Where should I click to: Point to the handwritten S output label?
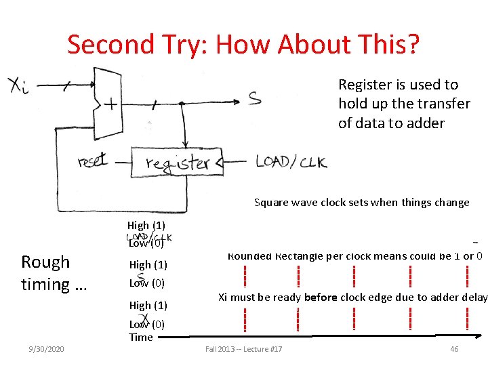(x=253, y=99)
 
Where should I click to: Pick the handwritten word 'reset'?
(x=91, y=161)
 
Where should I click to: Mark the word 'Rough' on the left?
(x=45, y=262)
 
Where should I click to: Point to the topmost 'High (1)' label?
(x=146, y=225)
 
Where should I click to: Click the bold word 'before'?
(x=323, y=297)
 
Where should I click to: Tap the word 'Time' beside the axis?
(x=141, y=337)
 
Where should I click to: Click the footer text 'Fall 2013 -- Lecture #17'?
(x=244, y=348)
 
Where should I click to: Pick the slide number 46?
(x=454, y=348)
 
